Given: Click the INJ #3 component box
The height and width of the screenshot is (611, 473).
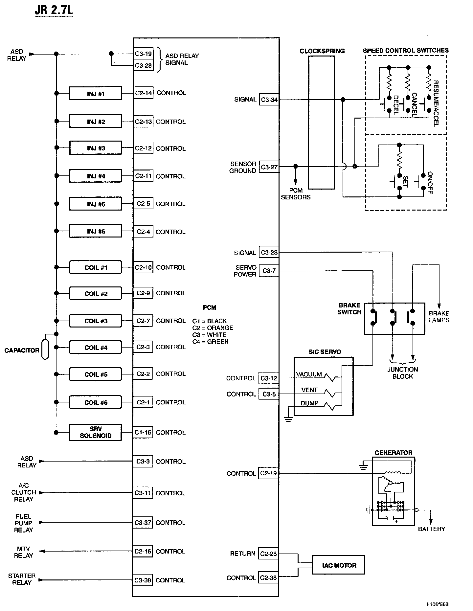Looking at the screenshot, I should [x=95, y=148].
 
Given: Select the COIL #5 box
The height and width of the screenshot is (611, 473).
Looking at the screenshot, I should [x=95, y=374].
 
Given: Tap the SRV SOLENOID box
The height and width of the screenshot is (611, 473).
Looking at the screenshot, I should [x=95, y=432].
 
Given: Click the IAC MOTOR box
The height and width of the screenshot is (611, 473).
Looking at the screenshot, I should [x=338, y=565].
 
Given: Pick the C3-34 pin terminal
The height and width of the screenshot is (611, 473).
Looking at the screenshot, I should [x=269, y=100].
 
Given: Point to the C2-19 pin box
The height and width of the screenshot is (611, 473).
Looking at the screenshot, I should [x=268, y=473].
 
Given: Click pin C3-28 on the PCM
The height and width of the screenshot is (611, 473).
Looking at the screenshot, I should [x=143, y=65].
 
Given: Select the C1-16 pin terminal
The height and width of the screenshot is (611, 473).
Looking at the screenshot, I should [x=143, y=432].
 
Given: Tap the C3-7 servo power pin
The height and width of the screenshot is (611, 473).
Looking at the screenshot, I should [x=269, y=271].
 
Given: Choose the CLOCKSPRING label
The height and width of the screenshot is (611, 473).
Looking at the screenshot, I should [x=322, y=51].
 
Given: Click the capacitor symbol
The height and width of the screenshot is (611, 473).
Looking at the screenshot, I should [x=45, y=350].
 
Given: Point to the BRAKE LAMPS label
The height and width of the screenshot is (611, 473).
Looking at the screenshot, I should [x=439, y=317].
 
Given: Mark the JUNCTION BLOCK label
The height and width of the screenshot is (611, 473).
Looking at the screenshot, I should [x=402, y=373].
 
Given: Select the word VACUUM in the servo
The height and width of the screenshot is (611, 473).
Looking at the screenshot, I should [x=309, y=374].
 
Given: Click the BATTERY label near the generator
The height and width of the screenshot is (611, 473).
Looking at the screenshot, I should [x=431, y=529].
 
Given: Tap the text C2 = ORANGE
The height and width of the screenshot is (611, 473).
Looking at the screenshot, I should [x=213, y=328].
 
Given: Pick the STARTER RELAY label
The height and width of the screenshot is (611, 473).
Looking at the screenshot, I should [x=22, y=579].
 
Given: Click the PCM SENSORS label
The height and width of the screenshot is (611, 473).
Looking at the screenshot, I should [x=296, y=194].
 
